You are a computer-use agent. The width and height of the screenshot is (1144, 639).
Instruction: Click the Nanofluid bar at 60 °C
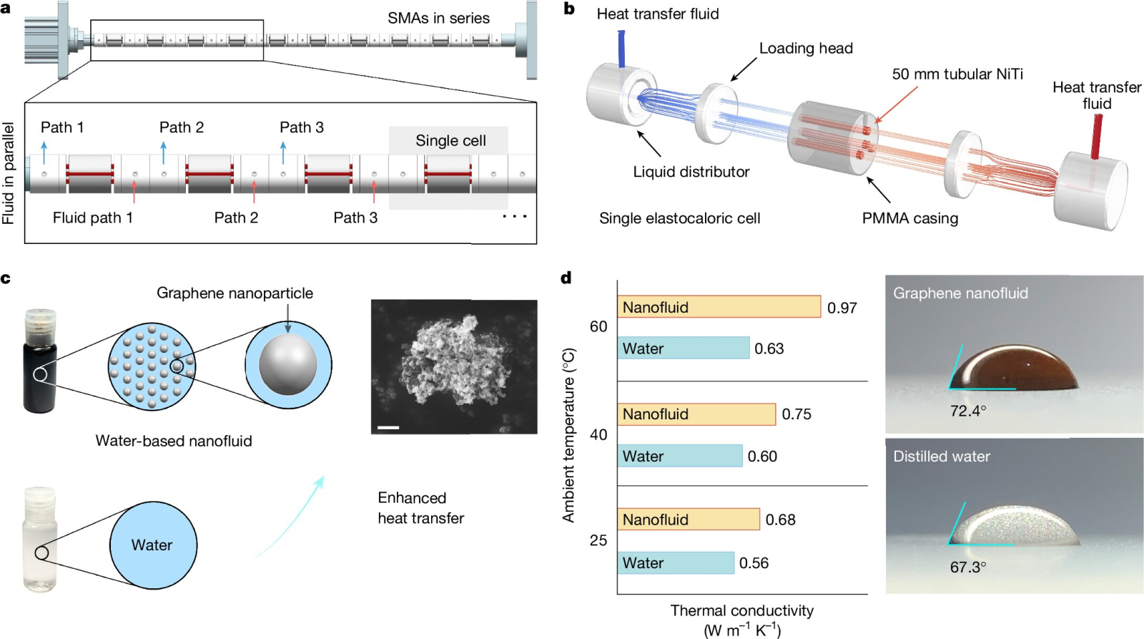[719, 307]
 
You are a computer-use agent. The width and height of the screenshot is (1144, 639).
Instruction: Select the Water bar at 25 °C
[676, 563]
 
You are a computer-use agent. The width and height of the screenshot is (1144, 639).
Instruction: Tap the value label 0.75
[797, 414]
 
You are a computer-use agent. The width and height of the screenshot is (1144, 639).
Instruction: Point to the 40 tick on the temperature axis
[598, 434]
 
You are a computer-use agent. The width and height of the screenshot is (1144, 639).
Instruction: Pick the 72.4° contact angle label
[968, 411]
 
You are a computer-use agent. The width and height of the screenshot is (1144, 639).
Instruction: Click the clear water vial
[40, 539]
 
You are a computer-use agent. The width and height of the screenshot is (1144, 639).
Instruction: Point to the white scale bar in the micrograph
[388, 428]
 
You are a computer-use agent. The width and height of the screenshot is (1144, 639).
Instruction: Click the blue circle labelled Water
[152, 545]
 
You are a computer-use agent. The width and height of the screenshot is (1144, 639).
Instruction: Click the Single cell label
[450, 141]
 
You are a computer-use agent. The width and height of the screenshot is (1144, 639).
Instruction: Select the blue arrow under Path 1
[44, 152]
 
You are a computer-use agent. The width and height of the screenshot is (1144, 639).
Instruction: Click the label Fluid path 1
[93, 218]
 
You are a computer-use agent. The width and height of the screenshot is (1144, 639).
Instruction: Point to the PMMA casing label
[909, 218]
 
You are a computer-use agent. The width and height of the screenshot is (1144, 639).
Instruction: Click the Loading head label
[806, 49]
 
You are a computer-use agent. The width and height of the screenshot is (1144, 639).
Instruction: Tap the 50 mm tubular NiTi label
[957, 74]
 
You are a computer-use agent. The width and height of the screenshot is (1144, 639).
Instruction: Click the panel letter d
[566, 278]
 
